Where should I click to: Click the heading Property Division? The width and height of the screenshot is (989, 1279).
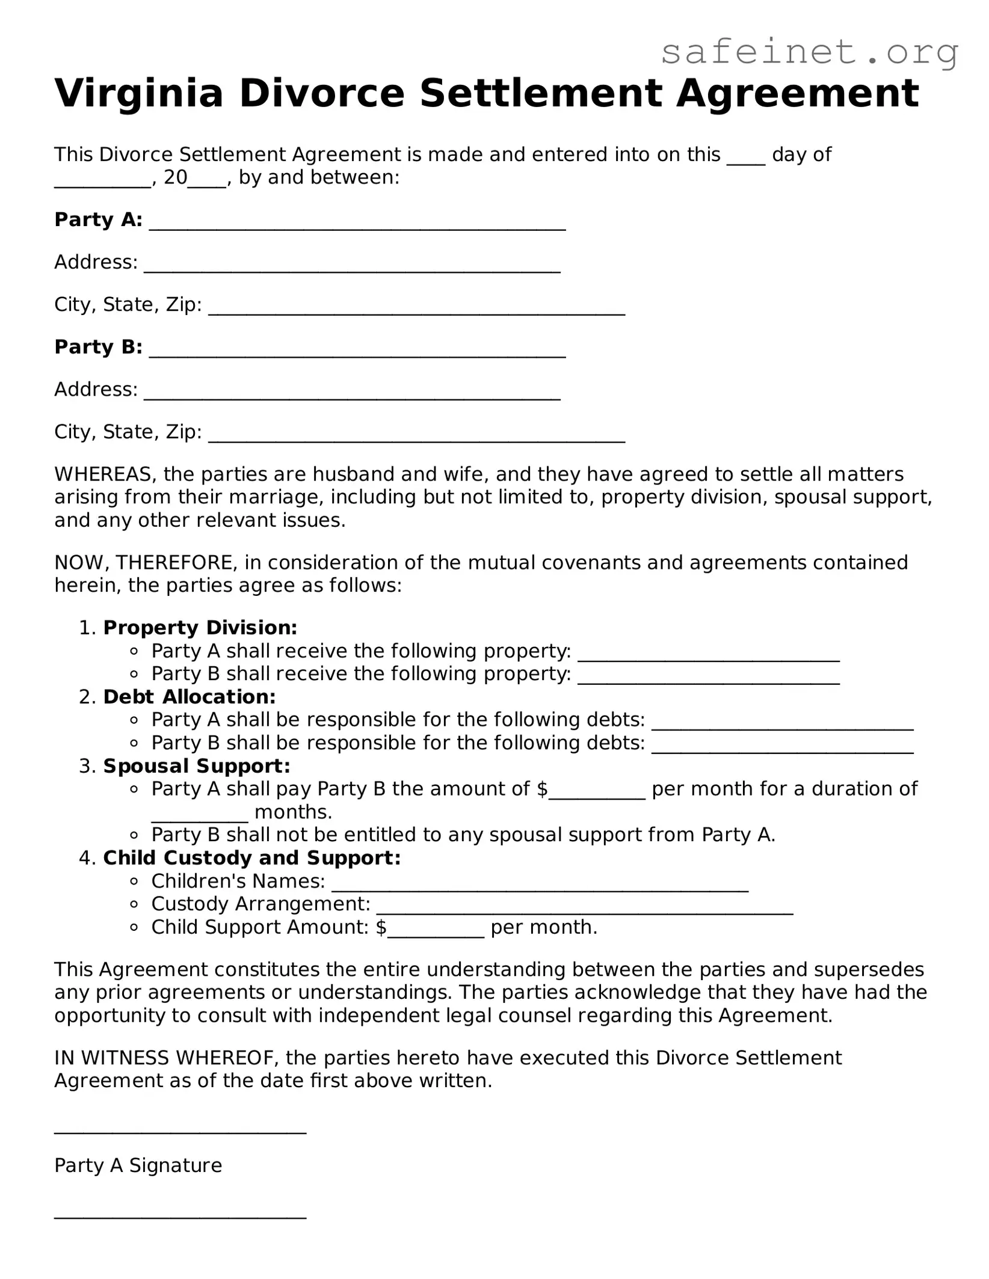(x=200, y=628)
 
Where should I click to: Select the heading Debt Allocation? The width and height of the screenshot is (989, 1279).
(x=189, y=697)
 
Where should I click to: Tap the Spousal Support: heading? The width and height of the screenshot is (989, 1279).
(x=196, y=766)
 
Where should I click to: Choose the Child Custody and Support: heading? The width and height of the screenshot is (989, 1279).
(x=251, y=858)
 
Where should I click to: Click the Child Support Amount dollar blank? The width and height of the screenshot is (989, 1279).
(x=436, y=933)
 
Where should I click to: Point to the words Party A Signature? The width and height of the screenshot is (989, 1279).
(x=138, y=1165)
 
